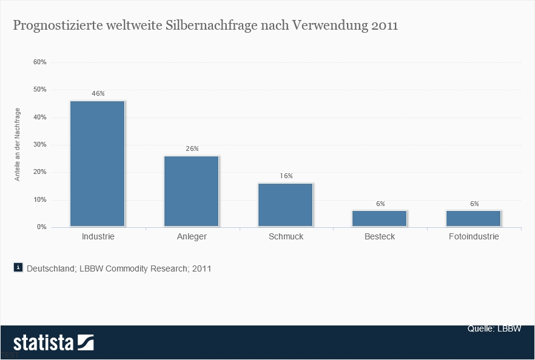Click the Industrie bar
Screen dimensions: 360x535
98,164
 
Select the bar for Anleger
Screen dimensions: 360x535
192,192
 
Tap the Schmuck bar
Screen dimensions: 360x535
286,205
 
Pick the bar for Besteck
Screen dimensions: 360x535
380,219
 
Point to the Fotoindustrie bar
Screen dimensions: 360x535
474,219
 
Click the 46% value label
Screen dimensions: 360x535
98,94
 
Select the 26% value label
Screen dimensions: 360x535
192,148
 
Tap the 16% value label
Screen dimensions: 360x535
286,176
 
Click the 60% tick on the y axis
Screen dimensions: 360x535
40,62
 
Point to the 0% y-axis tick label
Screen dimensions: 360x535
41,227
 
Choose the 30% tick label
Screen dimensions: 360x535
40,145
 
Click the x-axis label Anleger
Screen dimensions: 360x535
192,236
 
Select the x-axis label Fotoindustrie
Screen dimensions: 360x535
474,236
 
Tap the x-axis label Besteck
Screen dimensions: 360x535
380,236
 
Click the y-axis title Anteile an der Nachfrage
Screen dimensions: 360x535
18,144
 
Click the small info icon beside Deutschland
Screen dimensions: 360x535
18,267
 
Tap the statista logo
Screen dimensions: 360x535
53,343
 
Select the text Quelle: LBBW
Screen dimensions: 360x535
494,328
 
